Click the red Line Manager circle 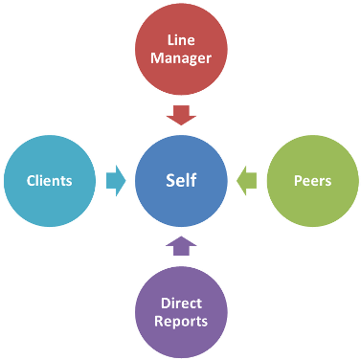tap(181, 51)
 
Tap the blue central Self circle tap(181, 180)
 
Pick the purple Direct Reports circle tap(181, 310)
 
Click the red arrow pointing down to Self tap(181, 115)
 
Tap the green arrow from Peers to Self tap(246, 180)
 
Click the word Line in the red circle tap(181, 41)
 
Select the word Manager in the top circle tap(181, 60)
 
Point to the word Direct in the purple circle tap(181, 302)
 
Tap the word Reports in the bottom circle tap(181, 321)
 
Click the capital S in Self tap(169, 180)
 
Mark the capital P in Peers tap(296, 180)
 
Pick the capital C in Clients tap(31, 180)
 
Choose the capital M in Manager tap(157, 60)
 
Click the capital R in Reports tap(159, 321)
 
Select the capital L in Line tap(169, 41)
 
